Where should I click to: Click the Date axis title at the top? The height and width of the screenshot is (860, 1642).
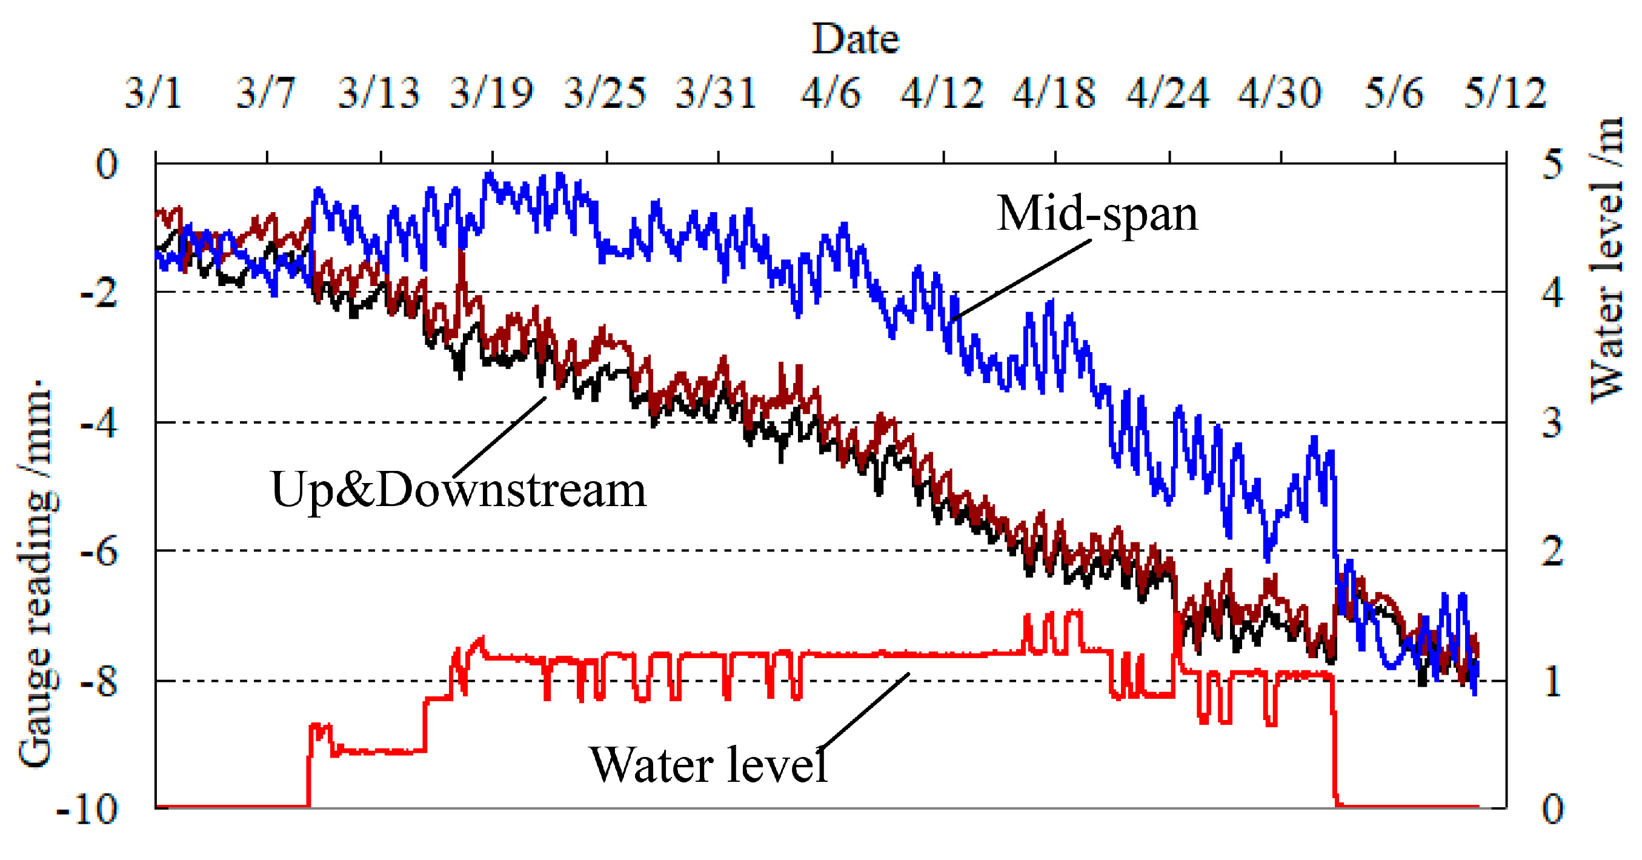(855, 39)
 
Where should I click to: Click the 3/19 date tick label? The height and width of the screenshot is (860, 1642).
(491, 93)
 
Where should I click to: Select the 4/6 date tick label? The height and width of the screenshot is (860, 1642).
(831, 93)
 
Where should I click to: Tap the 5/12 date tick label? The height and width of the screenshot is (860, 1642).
(1505, 93)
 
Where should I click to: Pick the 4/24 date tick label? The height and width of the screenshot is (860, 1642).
(1168, 93)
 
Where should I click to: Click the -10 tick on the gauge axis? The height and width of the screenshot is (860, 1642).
(88, 810)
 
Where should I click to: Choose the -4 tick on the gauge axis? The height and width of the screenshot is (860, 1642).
(99, 423)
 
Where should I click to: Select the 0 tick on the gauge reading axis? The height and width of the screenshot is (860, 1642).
(107, 164)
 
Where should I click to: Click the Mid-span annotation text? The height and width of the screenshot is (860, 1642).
(1097, 213)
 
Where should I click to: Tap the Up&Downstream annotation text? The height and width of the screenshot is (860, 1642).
(458, 490)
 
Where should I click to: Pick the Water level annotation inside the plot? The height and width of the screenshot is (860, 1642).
(709, 764)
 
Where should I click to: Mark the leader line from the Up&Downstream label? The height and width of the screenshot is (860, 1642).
(500, 436)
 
